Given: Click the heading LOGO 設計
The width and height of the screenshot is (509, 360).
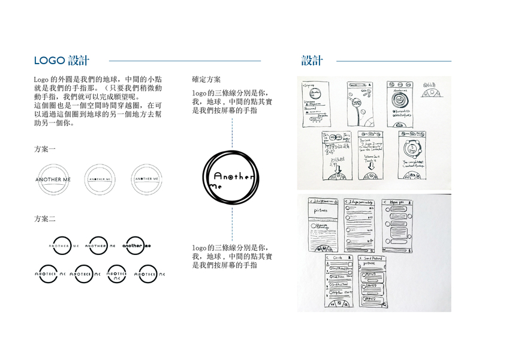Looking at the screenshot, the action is [x=62, y=61].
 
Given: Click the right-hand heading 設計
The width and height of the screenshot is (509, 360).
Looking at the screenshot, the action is [x=312, y=61].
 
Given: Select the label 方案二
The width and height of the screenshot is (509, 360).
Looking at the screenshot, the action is [x=45, y=219].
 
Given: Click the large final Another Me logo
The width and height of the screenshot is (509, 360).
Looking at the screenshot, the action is [x=232, y=178].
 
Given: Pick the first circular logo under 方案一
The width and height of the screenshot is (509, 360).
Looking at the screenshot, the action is [x=53, y=179].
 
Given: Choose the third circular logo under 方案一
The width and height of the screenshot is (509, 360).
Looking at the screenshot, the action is [x=146, y=179].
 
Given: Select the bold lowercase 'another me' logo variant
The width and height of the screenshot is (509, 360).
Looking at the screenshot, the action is [x=137, y=245].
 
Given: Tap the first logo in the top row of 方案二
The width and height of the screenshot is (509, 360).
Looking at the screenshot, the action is [x=64, y=245].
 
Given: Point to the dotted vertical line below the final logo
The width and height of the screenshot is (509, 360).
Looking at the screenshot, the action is [x=232, y=222].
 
